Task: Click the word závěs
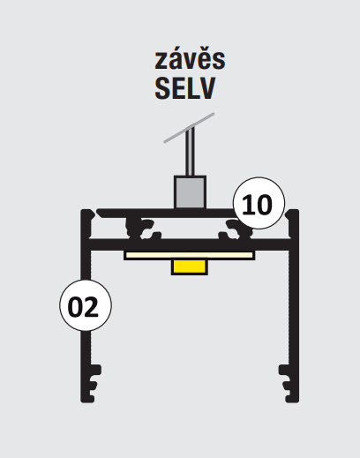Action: pyautogui.click(x=190, y=59)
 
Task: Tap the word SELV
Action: pyautogui.click(x=185, y=88)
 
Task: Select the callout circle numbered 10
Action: pyautogui.click(x=259, y=203)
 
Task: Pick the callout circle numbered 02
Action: pyautogui.click(x=86, y=305)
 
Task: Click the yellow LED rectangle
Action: pyautogui.click(x=190, y=267)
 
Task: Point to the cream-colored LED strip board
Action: pyautogui.click(x=189, y=255)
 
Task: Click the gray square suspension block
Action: pyautogui.click(x=190, y=192)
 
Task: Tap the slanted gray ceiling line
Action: pyautogui.click(x=189, y=128)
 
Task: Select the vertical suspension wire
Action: pyautogui.click(x=190, y=152)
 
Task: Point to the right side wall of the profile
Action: pyautogui.click(x=294, y=306)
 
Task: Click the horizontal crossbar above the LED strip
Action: pyautogui.click(x=190, y=245)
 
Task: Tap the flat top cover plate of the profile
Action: pyautogui.click(x=168, y=214)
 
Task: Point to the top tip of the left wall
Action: pyautogui.click(x=87, y=210)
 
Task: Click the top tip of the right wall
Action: pyautogui.click(x=293, y=210)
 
